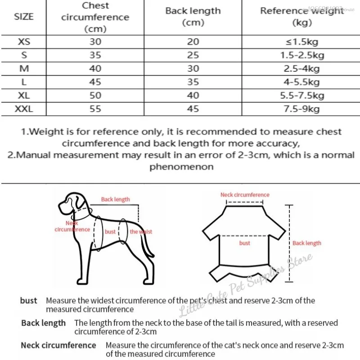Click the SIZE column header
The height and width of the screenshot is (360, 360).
coord(24,17)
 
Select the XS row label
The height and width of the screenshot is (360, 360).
coord(24,42)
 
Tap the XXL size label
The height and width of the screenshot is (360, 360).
coord(24,109)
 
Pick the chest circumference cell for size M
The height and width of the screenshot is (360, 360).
coord(95,69)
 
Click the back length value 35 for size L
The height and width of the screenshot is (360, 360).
coord(193,82)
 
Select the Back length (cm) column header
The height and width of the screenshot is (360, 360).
coord(193,17)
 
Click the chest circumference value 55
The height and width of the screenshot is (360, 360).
coord(95,109)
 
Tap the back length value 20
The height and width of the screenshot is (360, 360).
coord(193,42)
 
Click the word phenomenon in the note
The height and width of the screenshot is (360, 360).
coord(181,166)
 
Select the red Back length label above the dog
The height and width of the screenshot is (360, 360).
coord(115,199)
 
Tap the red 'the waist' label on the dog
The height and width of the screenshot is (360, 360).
coord(141,232)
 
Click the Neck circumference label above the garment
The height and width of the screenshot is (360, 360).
coord(245,195)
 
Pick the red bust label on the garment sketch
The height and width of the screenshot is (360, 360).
coord(245,243)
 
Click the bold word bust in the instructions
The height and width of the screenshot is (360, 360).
coord(29,301)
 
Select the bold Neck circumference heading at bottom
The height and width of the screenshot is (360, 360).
coord(58,346)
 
